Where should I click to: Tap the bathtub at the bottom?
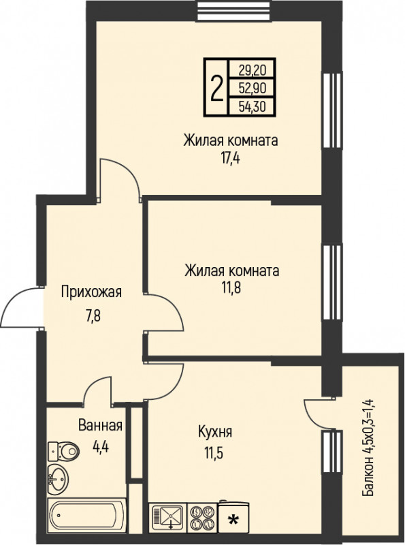[86, 515]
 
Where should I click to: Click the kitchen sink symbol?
[167, 515]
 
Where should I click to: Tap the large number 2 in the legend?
[216, 87]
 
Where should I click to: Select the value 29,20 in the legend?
[252, 69]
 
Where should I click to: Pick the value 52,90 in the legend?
[252, 87]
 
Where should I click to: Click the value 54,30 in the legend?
[252, 106]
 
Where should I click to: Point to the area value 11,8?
[231, 287]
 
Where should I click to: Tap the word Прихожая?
[91, 293]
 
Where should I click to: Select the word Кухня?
[215, 432]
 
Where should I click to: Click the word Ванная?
[100, 426]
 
